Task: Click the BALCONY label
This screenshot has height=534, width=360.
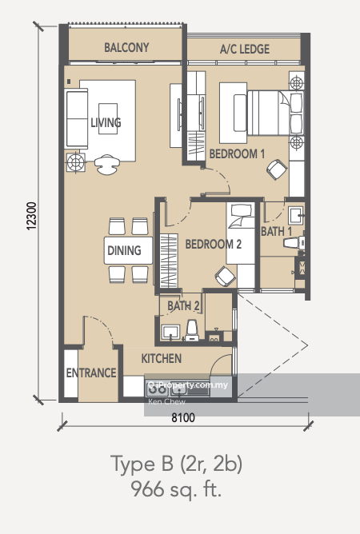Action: point(126,48)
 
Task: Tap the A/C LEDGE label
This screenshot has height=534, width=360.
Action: point(245,49)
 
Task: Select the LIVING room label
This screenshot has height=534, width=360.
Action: point(106,122)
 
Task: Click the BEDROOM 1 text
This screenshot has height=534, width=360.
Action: point(237,153)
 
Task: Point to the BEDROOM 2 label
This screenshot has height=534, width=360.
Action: point(214,246)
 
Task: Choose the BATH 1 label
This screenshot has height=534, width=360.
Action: point(276,231)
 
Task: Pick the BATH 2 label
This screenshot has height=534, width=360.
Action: point(183,305)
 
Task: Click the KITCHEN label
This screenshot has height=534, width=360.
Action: point(162,359)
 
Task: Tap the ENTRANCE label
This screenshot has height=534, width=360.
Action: point(90,373)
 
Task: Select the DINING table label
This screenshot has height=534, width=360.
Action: point(123,250)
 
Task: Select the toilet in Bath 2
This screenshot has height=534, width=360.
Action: point(191,330)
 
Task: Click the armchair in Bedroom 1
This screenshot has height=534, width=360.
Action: point(277,169)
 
